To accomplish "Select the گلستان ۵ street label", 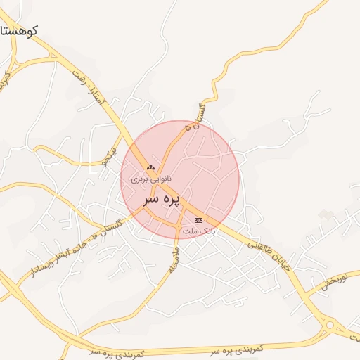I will pos(195,116).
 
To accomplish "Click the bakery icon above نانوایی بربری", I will pos(150,169).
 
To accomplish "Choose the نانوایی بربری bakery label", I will pos(150,179).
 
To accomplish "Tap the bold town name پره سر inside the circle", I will pos(162,200).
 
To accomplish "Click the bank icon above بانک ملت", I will pos(198,221).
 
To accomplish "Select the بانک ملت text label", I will pos(198,231).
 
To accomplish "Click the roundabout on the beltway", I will pos(330,325).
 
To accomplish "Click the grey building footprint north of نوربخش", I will pos(324,214).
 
